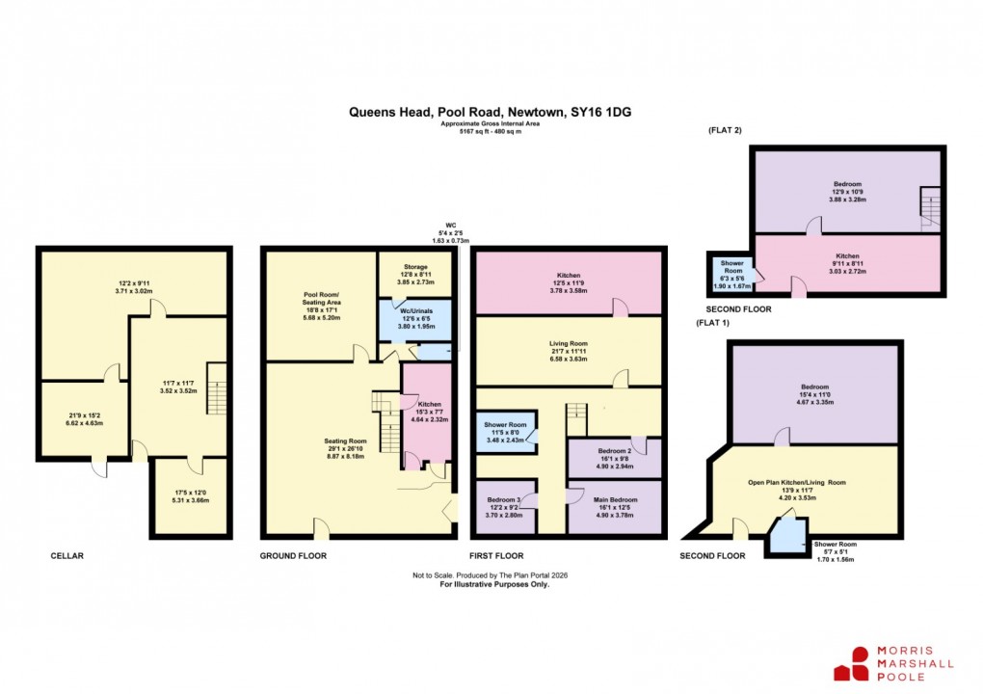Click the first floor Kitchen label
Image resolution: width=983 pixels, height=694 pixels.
(x=568, y=280)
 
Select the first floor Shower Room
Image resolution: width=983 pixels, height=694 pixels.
(x=506, y=431)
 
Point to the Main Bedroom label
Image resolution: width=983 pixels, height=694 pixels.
(x=614, y=506)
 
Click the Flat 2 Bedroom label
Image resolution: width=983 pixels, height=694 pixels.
(x=847, y=190)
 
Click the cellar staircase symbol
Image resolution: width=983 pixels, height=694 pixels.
(x=216, y=387)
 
